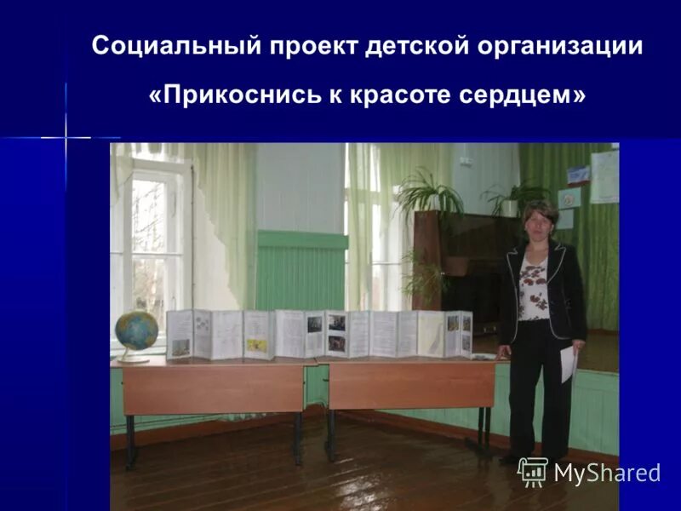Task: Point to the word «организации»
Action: click(x=560, y=46)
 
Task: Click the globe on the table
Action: click(x=137, y=331)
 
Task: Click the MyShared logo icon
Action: click(x=533, y=472)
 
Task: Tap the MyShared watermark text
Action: click(x=607, y=474)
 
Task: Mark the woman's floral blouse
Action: click(x=533, y=290)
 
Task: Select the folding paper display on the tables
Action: click(x=319, y=333)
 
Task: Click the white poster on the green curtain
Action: click(x=604, y=176)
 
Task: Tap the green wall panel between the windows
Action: click(x=301, y=271)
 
